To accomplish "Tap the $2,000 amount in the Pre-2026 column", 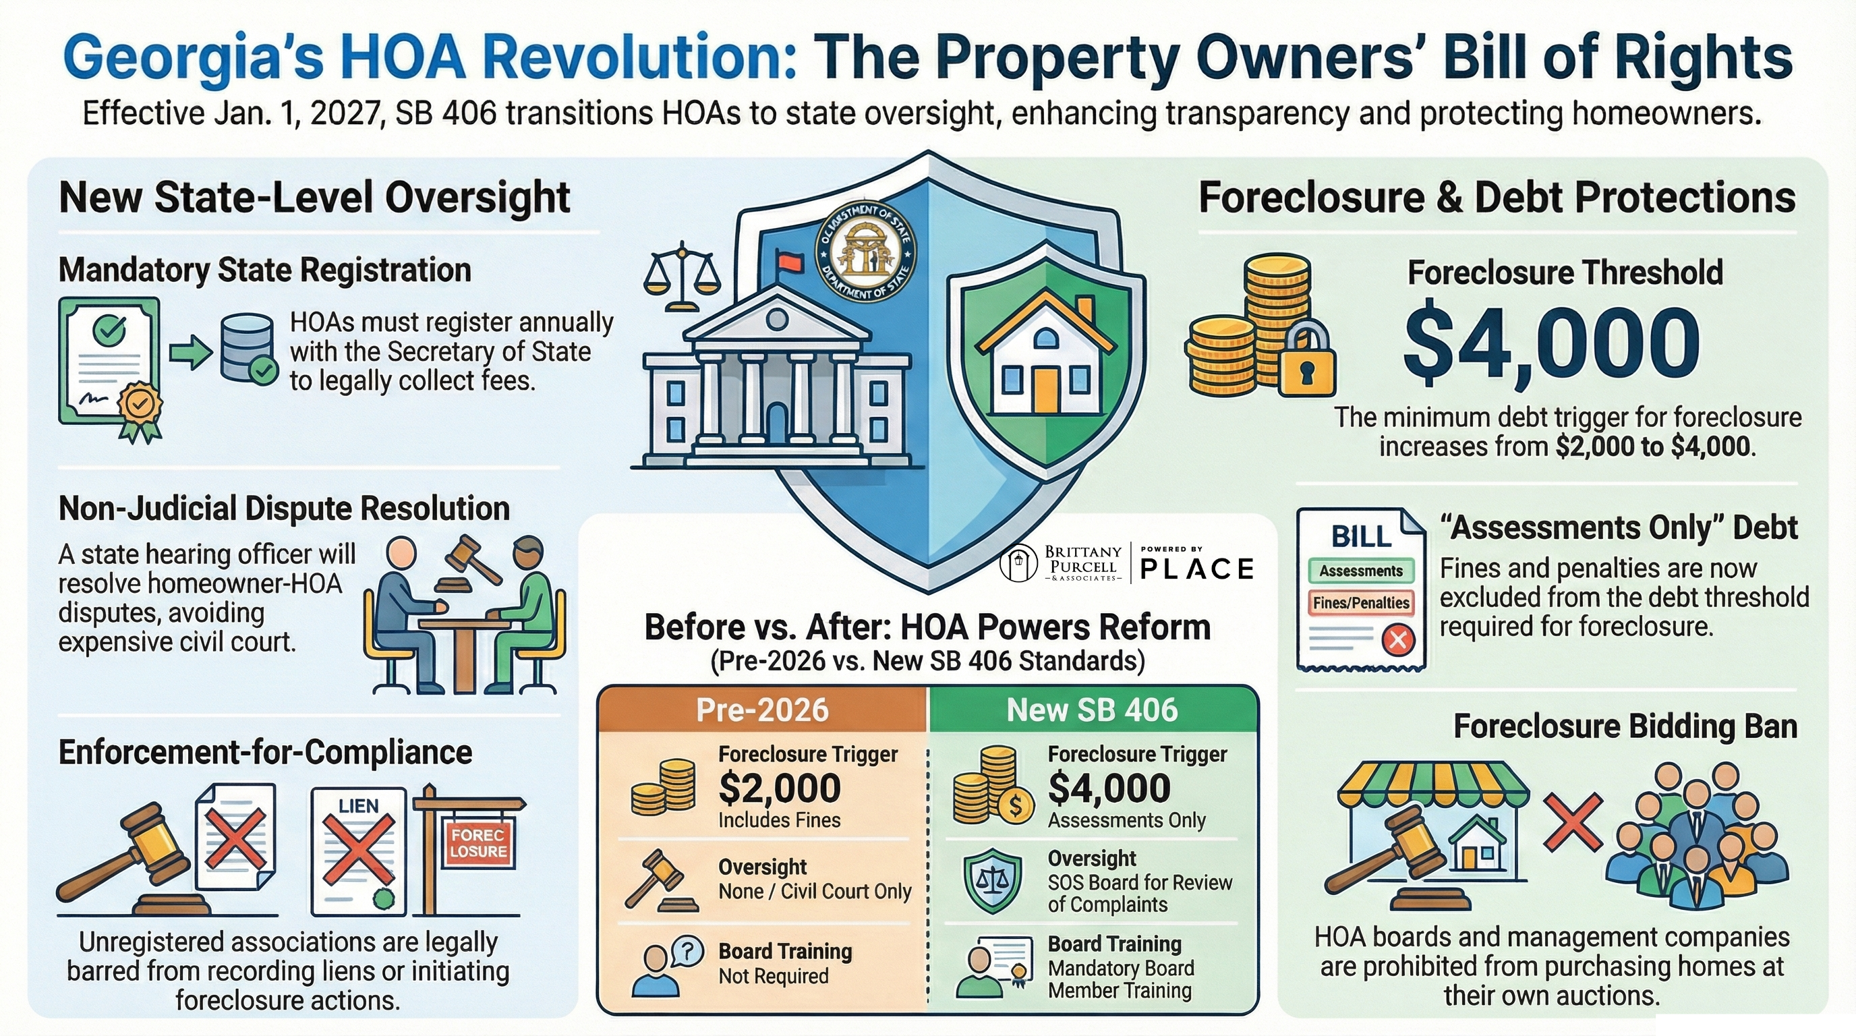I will (780, 787).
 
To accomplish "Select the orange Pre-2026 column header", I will (762, 710).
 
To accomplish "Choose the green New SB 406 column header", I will (1092, 710).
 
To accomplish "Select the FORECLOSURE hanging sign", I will (478, 843).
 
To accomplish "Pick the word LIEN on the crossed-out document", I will (358, 806).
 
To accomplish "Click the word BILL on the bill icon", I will (1360, 537).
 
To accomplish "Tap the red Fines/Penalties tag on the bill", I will (1360, 602).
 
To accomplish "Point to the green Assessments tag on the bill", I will (1360, 571).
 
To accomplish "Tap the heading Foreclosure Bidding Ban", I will (1625, 726).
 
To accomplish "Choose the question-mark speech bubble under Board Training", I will (687, 951).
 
